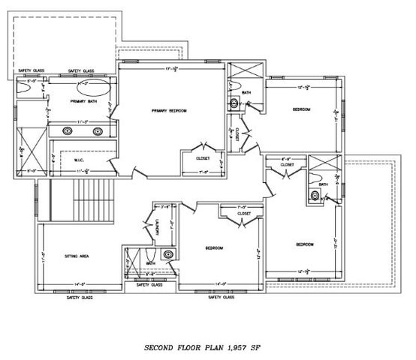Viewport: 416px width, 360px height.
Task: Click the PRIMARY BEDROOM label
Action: (169, 111)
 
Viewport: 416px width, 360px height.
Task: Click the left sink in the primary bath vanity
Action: (67, 130)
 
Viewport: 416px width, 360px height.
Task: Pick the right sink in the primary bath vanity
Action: (98, 130)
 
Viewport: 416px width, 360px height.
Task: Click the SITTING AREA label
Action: (79, 256)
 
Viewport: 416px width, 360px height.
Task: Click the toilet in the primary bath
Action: (24, 88)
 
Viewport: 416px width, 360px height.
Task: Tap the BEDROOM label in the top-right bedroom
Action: (302, 110)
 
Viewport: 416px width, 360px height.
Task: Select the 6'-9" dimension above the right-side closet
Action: (285, 159)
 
